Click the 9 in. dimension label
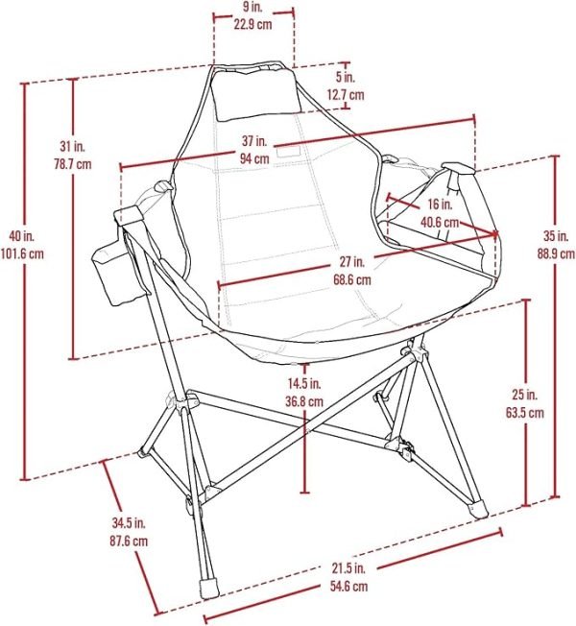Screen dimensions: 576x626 point(252,7)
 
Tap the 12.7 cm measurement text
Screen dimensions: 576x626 point(346,95)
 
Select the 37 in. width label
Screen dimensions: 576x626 point(254,141)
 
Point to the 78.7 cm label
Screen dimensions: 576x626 point(73,163)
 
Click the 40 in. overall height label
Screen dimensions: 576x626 point(22,235)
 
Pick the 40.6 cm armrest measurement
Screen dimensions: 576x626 point(440,222)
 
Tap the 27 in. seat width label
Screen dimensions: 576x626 point(352,262)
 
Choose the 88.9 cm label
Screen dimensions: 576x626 point(556,253)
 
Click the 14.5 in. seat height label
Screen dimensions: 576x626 point(304,384)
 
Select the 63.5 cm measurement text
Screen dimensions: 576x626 point(525,413)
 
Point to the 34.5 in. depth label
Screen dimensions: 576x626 point(129,522)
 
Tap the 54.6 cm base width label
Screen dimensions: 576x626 point(348,586)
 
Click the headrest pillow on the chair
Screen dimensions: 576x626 point(256,93)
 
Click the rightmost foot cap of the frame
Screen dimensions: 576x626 point(479,510)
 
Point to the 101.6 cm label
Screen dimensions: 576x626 point(22,253)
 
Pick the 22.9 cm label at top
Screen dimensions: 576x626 point(252,24)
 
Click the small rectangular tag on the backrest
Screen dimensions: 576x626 point(288,152)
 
